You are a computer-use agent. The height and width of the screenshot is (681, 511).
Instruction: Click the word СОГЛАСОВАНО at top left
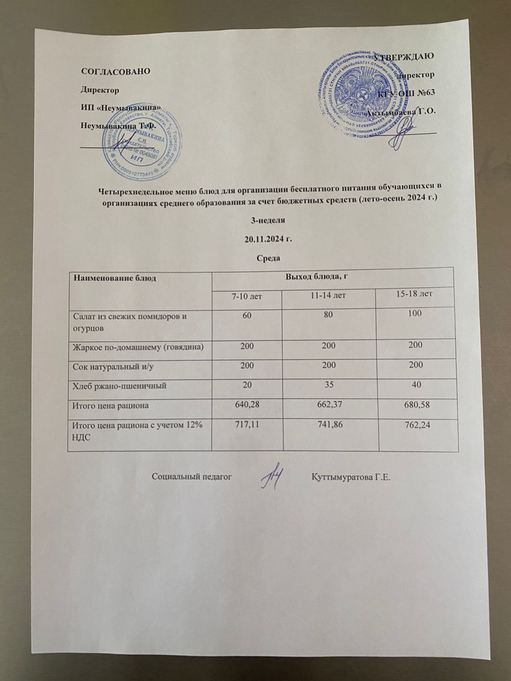click(x=115, y=71)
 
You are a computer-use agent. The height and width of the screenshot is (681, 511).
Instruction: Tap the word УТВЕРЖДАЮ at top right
click(x=403, y=56)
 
